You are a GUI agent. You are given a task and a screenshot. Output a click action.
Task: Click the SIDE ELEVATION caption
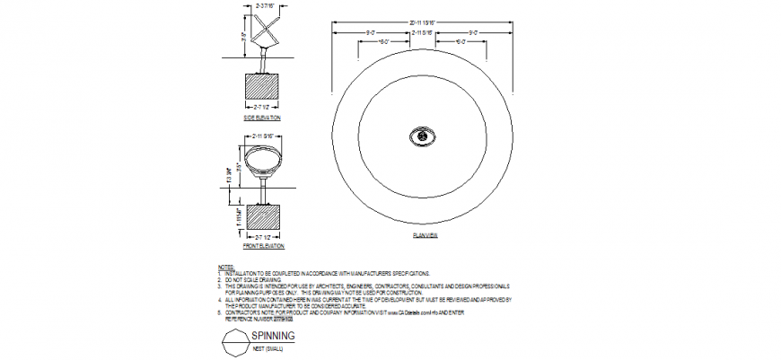[x=262, y=118]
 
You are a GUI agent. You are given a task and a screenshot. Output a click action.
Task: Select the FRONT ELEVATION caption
[x=263, y=245]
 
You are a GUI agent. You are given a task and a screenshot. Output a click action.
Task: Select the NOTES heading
[x=225, y=267]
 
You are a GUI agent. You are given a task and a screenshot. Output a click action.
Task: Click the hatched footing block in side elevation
[x=263, y=87]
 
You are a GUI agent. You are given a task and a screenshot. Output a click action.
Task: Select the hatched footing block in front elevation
[x=263, y=216]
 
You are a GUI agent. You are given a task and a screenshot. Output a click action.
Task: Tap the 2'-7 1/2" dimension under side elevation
[x=263, y=108]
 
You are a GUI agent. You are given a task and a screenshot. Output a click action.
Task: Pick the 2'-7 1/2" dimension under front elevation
[x=263, y=236]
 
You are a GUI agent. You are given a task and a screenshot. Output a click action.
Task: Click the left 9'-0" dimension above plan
[x=371, y=32]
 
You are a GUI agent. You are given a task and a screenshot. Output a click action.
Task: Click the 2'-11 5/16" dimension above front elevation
[x=263, y=136]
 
